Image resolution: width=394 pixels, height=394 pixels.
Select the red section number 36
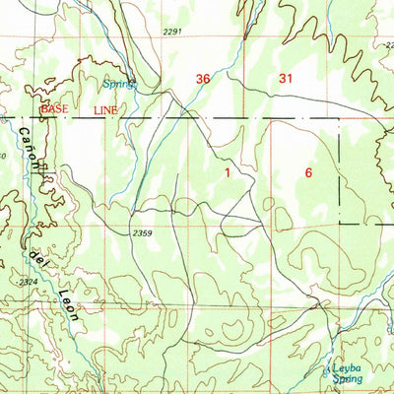tap(204, 79)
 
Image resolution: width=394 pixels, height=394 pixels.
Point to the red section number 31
tap(287, 79)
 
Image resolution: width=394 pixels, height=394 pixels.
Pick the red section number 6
tap(308, 173)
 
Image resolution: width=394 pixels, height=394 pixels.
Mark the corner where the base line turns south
tap(340, 119)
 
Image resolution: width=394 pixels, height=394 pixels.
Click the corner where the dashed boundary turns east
tap(341, 222)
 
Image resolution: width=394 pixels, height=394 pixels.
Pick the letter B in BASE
tap(43, 110)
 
